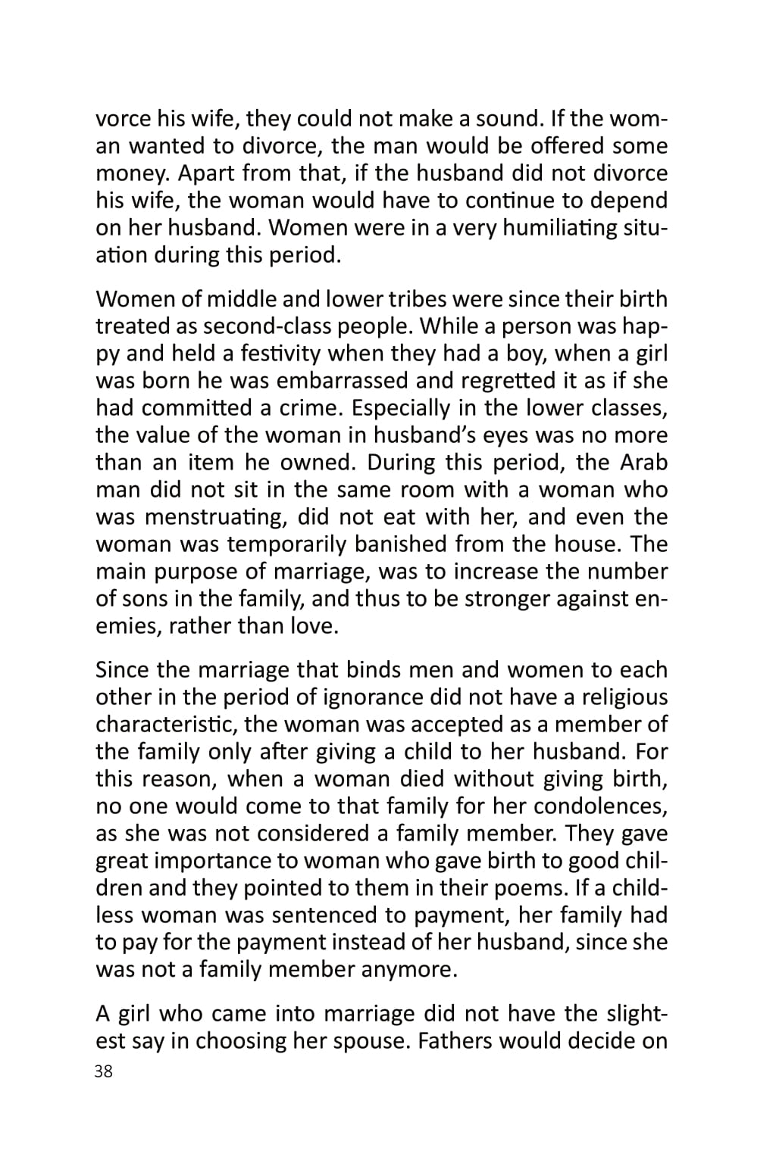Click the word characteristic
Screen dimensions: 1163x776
166,725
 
